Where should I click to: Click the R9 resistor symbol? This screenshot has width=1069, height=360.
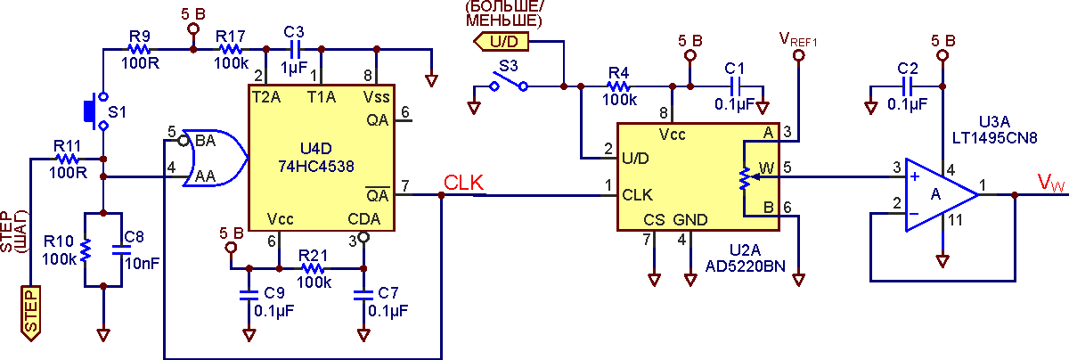point(139,49)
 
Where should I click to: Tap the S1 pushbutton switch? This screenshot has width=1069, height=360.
point(96,111)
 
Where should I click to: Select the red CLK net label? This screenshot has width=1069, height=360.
point(463,183)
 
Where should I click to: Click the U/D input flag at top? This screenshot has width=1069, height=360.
point(501,42)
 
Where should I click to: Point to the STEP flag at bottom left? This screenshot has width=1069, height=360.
point(30,313)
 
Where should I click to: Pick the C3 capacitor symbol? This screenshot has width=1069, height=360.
point(294,49)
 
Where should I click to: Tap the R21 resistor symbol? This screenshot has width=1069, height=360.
point(313,268)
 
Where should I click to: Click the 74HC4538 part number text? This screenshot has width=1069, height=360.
point(316,167)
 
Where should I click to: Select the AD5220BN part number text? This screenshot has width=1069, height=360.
point(745,266)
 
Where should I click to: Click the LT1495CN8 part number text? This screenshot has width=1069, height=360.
point(994,138)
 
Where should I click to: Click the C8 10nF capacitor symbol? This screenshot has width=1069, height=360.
point(121,250)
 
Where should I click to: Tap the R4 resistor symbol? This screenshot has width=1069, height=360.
point(618,87)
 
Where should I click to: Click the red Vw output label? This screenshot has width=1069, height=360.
point(1051,183)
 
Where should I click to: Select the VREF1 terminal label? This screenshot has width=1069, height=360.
point(798,39)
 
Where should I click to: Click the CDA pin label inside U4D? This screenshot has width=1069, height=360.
point(363,219)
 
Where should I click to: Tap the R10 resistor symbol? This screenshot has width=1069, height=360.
point(85,250)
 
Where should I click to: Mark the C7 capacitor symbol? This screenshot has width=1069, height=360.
point(363,296)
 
